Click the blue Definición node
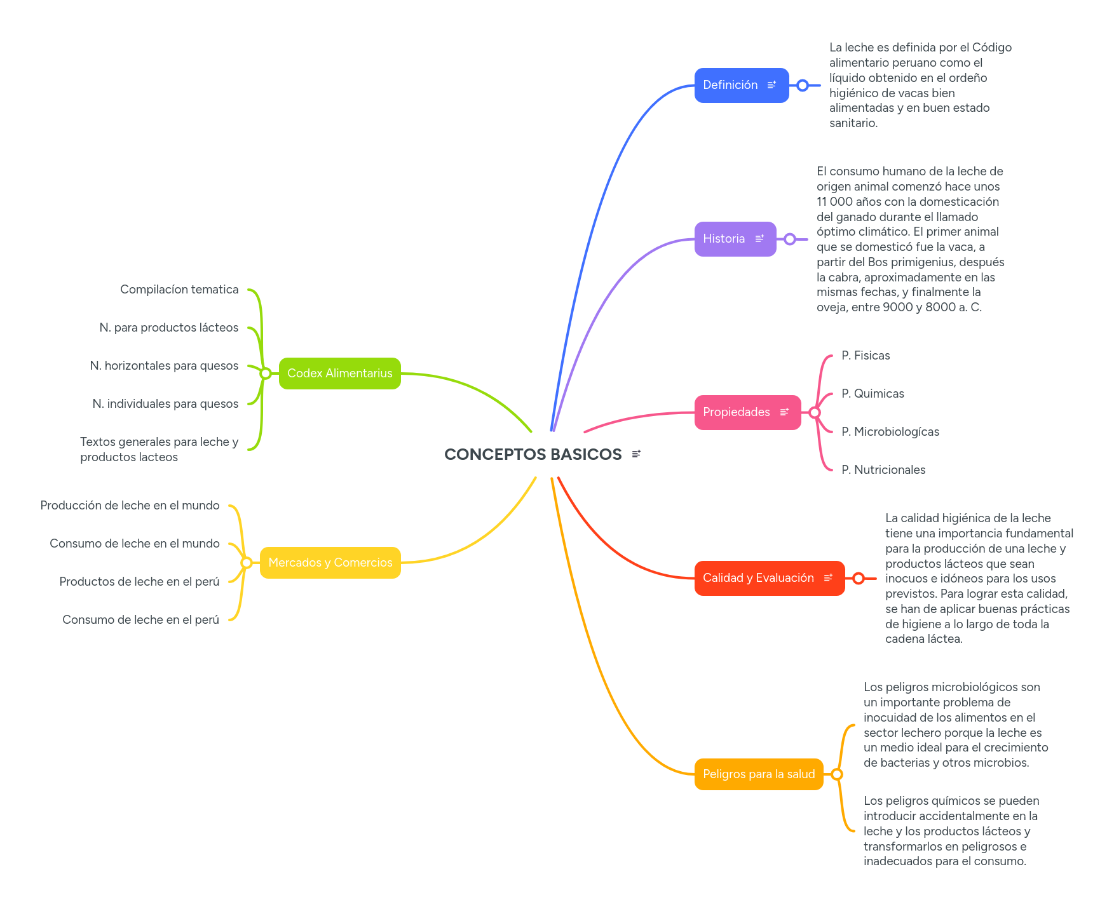[731, 85]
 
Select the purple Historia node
[724, 239]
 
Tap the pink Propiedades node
[737, 412]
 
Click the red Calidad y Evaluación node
[758, 578]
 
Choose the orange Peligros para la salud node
[758, 774]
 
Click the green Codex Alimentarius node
[339, 374]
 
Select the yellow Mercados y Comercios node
[330, 563]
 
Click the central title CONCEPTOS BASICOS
[533, 454]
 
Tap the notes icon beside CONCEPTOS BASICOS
[636, 454]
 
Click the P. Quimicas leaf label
[872, 394]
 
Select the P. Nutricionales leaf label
[883, 470]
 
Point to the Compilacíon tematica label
[179, 290]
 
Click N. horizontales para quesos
[164, 366]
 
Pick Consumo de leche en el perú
[140, 620]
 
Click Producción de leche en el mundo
[130, 506]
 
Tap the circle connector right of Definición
[803, 85]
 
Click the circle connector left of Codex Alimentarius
[266, 374]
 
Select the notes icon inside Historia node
[759, 239]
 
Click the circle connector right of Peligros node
[837, 774]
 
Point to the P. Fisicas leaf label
[865, 356]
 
